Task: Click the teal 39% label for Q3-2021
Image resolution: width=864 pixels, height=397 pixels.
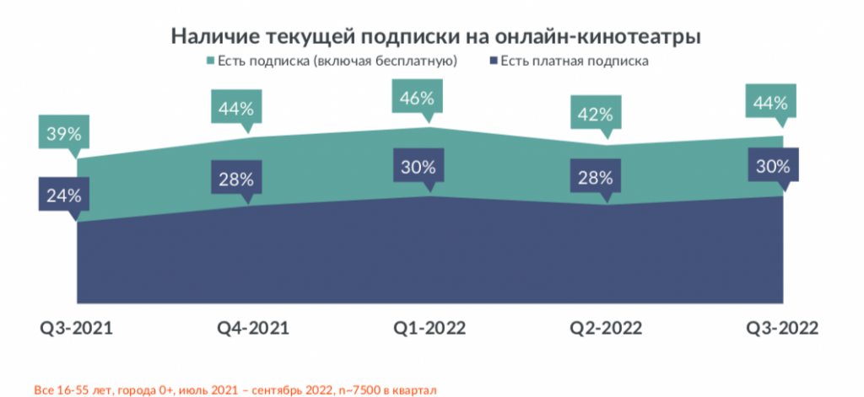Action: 63,133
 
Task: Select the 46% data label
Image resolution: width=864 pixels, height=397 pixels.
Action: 418,99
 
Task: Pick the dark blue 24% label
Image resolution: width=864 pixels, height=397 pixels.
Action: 63,196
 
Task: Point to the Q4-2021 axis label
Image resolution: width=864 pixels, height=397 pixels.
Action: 252,329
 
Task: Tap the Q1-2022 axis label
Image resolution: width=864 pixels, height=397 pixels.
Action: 429,329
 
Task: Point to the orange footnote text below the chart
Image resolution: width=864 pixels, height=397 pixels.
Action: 235,389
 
